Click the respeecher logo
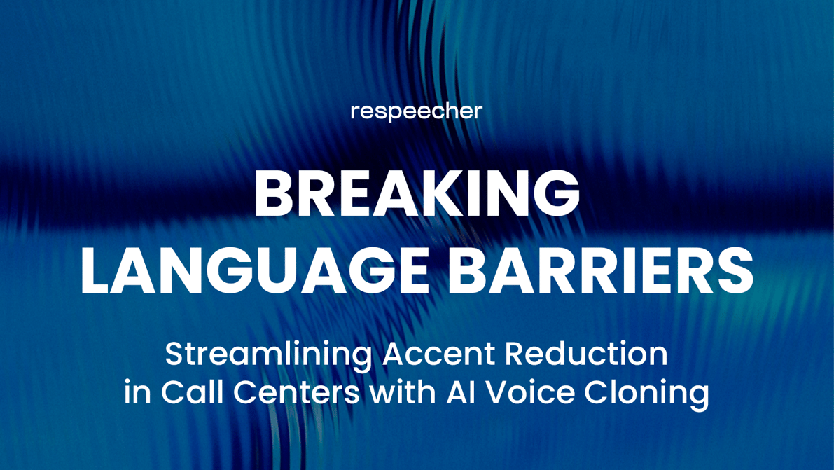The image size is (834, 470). (x=417, y=111)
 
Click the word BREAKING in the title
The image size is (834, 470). (x=417, y=195)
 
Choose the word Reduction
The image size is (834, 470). (x=586, y=354)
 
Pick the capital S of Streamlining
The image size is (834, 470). (x=174, y=354)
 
